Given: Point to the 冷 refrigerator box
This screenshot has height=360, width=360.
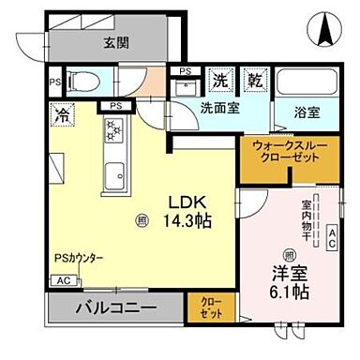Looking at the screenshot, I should tap(61, 119).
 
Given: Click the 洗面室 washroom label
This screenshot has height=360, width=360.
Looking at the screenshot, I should tap(219, 108).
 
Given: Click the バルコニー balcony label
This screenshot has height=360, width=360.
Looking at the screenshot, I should tap(115, 307).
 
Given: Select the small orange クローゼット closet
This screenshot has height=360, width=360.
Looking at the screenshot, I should tap(208, 307).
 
